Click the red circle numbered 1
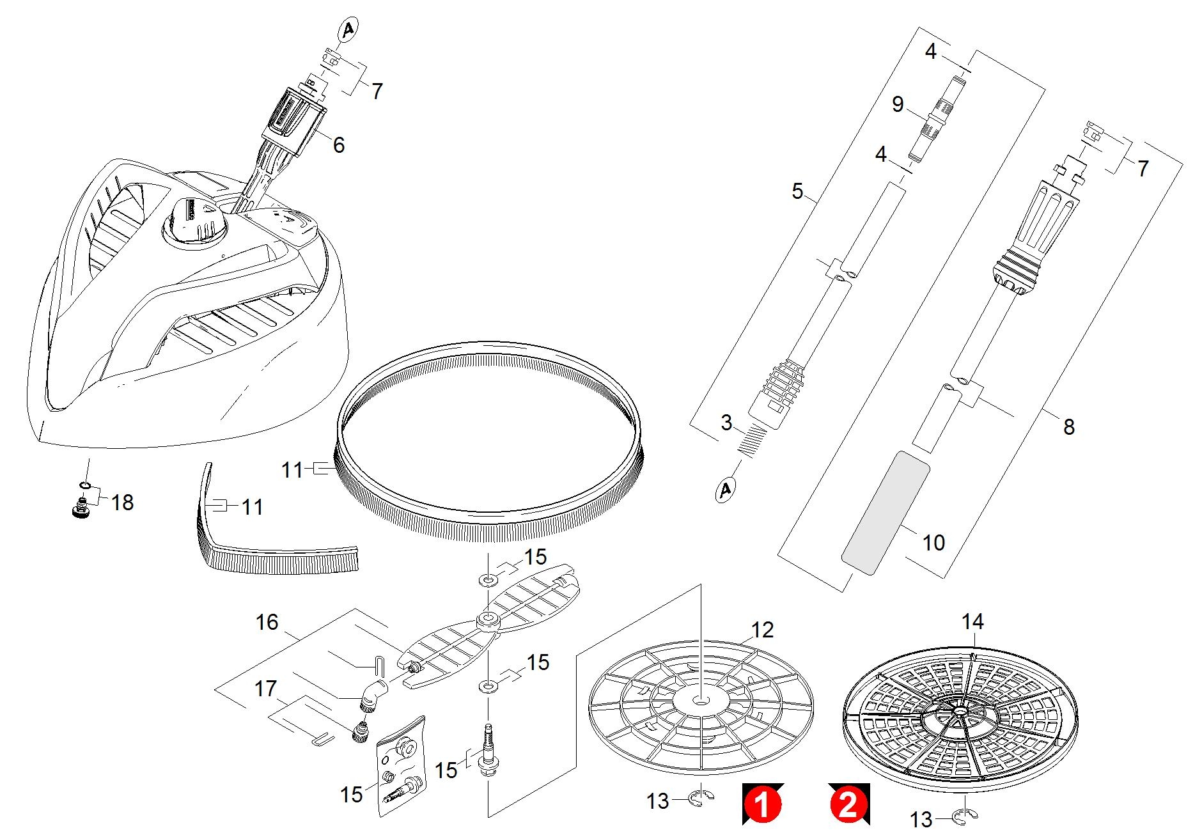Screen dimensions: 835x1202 click(x=762, y=804)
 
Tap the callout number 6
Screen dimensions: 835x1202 click(x=338, y=145)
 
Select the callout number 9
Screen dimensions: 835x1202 click(x=898, y=104)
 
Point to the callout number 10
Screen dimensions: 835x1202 click(x=933, y=543)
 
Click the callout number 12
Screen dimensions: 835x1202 click(x=762, y=630)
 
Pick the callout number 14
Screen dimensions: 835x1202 click(x=972, y=621)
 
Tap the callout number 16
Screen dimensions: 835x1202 click(x=267, y=622)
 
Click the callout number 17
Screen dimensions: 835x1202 click(x=265, y=689)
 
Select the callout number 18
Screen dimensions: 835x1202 click(x=122, y=503)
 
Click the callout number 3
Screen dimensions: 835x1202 click(x=726, y=423)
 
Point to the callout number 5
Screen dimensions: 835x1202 click(x=797, y=191)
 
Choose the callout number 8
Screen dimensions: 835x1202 click(x=1069, y=426)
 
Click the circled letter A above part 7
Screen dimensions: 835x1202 click(x=348, y=29)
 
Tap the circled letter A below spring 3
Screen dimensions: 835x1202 click(x=725, y=490)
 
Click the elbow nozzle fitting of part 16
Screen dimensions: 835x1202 click(x=373, y=695)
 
